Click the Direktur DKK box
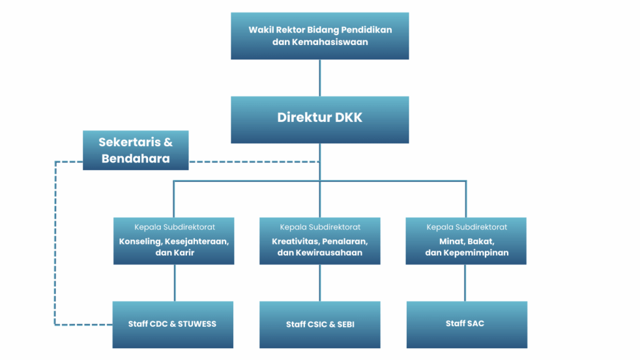319,119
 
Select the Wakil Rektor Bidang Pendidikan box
319,36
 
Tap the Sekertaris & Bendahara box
136,150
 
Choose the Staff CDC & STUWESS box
173,324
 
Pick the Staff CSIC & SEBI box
319,324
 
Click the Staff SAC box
466,324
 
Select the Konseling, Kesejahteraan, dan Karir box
174,241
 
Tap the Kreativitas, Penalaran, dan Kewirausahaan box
319,241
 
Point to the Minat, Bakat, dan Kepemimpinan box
466,241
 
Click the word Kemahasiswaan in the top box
330,42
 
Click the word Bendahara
136,158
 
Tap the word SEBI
345,324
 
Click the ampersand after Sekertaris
167,142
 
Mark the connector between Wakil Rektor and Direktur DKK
319,78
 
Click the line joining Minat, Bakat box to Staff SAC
465,283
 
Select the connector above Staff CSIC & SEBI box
319,283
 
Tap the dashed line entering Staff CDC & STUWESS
84,324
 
